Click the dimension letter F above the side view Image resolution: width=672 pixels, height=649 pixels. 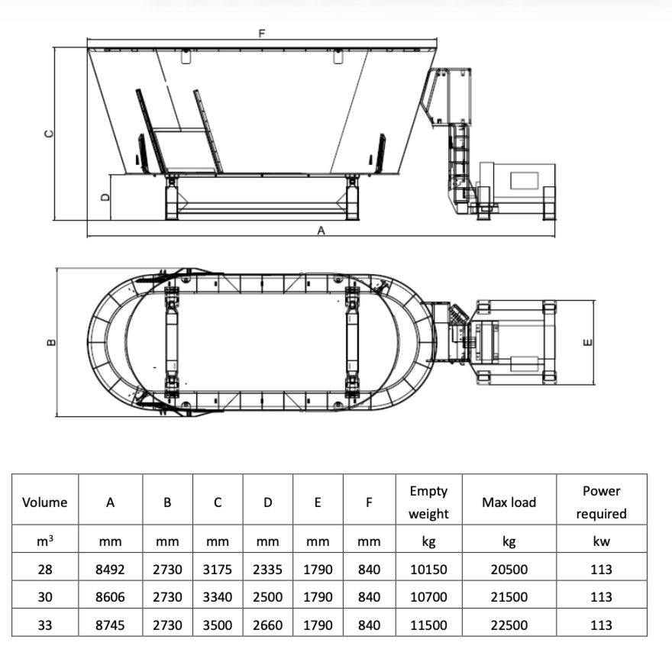(263, 34)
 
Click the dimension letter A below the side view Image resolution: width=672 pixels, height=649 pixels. (321, 230)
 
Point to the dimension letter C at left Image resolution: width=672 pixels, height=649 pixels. (50, 133)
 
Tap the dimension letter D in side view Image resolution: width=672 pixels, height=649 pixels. (105, 196)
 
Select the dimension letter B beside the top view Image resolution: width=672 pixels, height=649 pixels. (51, 343)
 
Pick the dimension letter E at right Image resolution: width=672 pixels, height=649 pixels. (586, 342)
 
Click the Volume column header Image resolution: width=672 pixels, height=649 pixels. (44, 502)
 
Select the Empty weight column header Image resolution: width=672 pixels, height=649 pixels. (428, 502)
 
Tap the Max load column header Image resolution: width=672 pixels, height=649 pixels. (509, 502)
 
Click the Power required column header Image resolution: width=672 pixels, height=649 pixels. (601, 502)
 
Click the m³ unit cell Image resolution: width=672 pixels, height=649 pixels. (44, 541)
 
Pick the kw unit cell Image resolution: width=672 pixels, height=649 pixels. (601, 541)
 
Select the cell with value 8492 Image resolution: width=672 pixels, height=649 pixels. (110, 570)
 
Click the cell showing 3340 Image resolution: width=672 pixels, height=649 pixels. (218, 597)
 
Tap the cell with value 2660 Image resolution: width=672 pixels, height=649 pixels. (267, 625)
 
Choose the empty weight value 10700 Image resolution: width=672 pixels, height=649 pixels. (428, 597)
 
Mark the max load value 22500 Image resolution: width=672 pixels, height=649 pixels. (509, 625)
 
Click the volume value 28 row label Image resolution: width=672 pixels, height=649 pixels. (44, 570)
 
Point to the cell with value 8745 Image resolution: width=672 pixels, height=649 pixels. (110, 625)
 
